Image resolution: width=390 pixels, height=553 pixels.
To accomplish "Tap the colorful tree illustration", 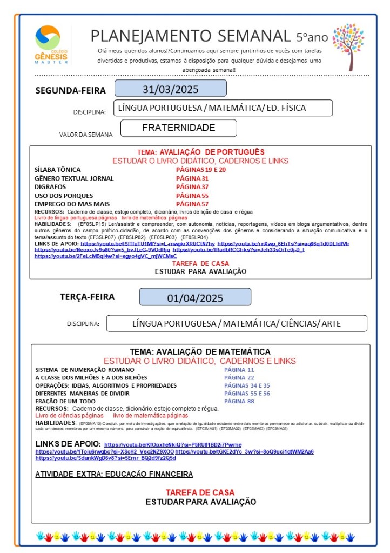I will pos(348,46).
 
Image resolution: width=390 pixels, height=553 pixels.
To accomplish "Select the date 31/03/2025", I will pos(170,89).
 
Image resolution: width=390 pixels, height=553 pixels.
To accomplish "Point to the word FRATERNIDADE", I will pos(178,128).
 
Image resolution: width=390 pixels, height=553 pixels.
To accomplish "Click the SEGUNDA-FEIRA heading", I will pos(71,90).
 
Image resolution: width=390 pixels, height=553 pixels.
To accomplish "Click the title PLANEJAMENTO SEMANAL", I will pos(191,36).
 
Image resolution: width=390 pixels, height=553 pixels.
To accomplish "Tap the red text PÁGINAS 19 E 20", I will pos(200,169).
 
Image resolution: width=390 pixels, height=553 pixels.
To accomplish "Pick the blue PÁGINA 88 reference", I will pos(239,401).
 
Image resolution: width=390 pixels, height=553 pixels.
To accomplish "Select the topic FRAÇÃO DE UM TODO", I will pos(65,402).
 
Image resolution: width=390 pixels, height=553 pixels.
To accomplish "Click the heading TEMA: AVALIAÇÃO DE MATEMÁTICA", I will pos(200,351).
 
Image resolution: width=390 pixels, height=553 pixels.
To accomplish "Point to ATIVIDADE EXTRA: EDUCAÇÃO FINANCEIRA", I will pos(114,474).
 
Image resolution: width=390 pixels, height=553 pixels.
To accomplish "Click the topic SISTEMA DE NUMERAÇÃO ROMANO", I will pos(81,369).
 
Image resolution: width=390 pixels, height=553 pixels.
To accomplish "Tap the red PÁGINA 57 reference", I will pos(192,204).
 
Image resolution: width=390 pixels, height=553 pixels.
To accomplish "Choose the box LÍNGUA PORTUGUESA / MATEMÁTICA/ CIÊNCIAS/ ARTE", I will pos(237,324).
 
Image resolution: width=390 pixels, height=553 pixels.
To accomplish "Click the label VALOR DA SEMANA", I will pos(86,135).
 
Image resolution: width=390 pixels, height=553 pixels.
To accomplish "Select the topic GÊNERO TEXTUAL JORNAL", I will pos(74,178).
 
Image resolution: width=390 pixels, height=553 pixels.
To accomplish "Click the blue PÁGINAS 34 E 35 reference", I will pos(247,385).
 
